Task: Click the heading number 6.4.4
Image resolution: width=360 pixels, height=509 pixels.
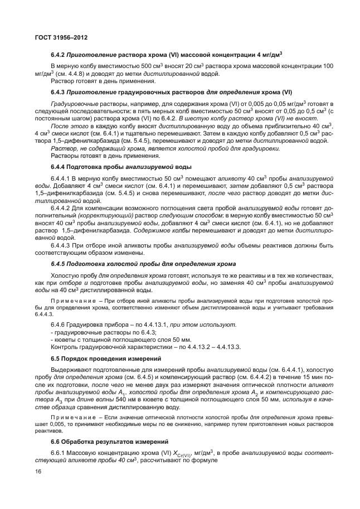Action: click(x=59, y=167)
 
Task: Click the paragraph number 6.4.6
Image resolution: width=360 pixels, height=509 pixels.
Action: click(x=59, y=324)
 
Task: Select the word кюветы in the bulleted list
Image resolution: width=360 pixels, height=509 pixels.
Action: click(x=65, y=340)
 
